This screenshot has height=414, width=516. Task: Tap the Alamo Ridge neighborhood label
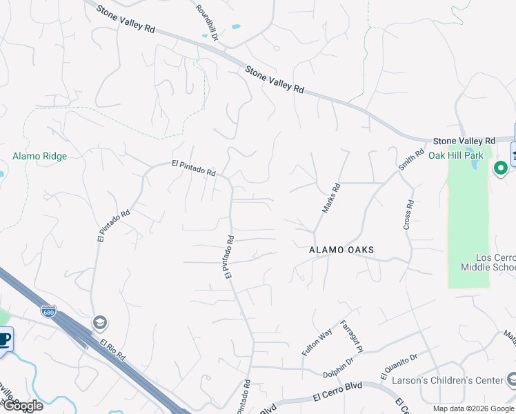point(40,157)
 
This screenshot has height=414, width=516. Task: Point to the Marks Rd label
point(332,197)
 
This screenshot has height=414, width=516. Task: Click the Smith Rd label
point(410,161)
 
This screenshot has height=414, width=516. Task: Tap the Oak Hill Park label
point(456,155)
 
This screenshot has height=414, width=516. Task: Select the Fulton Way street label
point(317,342)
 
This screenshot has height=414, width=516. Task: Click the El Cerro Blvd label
point(337,396)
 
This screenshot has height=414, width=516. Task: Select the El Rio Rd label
point(112,349)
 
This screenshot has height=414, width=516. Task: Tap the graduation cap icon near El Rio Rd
point(100,323)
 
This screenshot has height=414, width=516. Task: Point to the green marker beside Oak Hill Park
point(500,168)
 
